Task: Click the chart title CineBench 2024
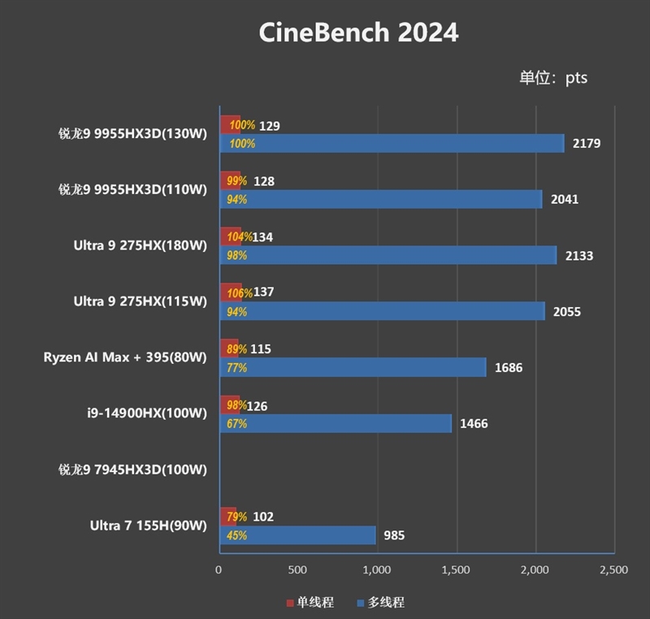(x=358, y=32)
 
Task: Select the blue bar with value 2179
(x=391, y=144)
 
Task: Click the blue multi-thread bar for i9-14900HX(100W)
(x=335, y=423)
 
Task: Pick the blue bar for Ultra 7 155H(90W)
(x=297, y=535)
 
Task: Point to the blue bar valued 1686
(x=352, y=367)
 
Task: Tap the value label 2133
(x=578, y=255)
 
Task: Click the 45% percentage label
(x=237, y=535)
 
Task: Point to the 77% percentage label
(x=237, y=367)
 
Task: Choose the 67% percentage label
(x=237, y=423)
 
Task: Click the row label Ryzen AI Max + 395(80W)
(x=125, y=357)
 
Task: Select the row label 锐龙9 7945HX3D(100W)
(x=132, y=470)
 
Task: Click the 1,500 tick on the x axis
(x=457, y=570)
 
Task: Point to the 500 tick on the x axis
(x=297, y=570)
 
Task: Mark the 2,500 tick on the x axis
(x=614, y=570)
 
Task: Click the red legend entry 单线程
(x=310, y=602)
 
